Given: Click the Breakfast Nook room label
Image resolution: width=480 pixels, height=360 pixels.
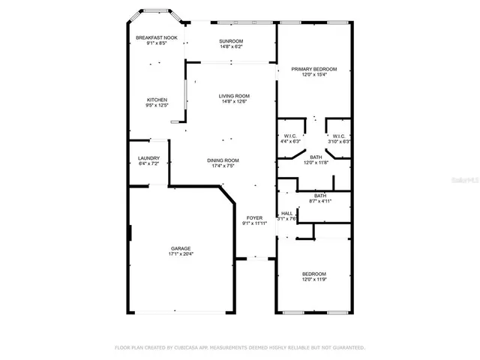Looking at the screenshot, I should [x=156, y=37].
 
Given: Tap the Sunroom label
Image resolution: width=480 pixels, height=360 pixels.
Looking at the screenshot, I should [x=231, y=40].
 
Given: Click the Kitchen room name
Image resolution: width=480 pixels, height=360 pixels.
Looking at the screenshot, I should [x=157, y=100].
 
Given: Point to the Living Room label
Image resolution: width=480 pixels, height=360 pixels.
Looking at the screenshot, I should [x=234, y=96].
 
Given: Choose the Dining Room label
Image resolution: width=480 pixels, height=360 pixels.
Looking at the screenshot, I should [x=223, y=160].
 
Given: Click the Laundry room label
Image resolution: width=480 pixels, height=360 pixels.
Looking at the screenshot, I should [x=148, y=157].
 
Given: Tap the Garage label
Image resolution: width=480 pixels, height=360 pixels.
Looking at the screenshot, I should [x=180, y=248].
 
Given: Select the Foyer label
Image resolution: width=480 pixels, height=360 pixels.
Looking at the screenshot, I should [x=254, y=217].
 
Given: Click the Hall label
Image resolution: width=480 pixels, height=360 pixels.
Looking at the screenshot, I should [x=286, y=213].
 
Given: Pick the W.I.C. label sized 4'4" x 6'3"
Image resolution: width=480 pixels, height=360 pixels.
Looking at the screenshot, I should [x=289, y=136].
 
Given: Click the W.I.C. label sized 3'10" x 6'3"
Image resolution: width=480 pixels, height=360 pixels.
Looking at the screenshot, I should [x=339, y=136].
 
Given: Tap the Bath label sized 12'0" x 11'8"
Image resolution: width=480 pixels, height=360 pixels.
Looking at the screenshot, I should [x=316, y=157].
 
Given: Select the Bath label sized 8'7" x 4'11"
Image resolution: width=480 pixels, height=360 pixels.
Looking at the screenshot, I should [x=320, y=195].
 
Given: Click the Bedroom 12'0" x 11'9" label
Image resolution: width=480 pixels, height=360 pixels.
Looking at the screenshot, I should [x=313, y=274].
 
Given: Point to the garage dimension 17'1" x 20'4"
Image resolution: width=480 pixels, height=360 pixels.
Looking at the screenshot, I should [x=180, y=254].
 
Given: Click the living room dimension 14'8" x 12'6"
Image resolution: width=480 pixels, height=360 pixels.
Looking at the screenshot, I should [x=234, y=102].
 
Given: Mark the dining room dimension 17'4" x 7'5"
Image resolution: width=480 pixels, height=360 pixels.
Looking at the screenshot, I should [x=223, y=166].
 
